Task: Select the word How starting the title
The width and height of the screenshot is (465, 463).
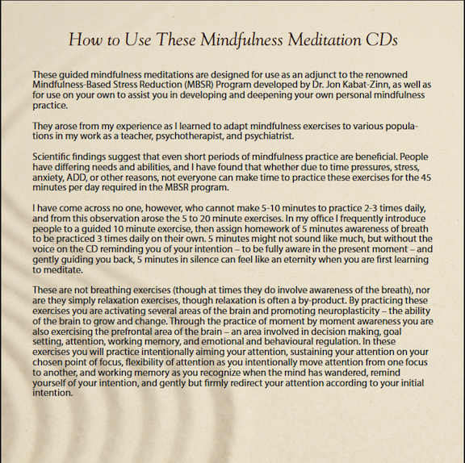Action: pyautogui.click(x=85, y=38)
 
